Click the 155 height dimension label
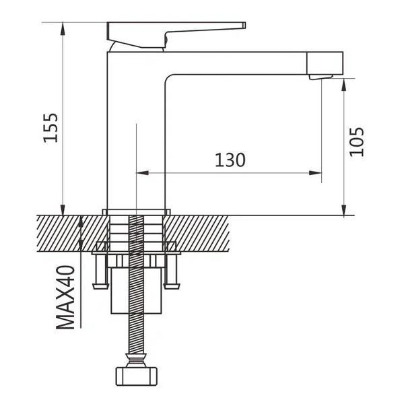pos(50,128)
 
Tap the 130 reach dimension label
pos(230,160)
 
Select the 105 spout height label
pos(357,141)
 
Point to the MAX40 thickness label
pos(65,298)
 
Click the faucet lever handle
pos(176,34)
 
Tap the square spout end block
pos(325,63)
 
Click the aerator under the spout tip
pos(321,77)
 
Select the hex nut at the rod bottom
pos(136,376)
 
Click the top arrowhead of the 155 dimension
pos(63,28)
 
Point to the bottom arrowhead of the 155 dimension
pos(63,209)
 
